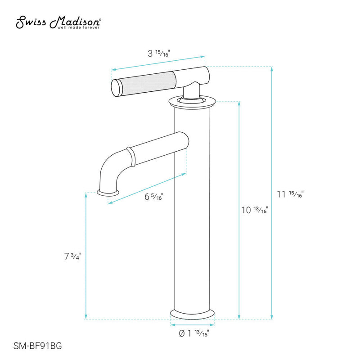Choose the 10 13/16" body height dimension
pyautogui.click(x=255, y=210)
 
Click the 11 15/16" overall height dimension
pyautogui.click(x=291, y=194)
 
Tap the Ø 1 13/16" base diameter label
pyautogui.click(x=193, y=333)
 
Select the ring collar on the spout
pyautogui.click(x=130, y=156)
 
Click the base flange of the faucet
pyautogui.click(x=192, y=313)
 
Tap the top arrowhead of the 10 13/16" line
pyautogui.click(x=239, y=103)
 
